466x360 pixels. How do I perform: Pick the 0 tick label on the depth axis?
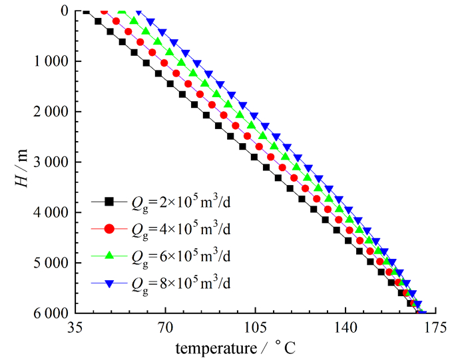click(x=63, y=11)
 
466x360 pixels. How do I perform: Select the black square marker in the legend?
click(x=111, y=202)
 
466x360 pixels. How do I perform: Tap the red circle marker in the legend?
click(x=111, y=229)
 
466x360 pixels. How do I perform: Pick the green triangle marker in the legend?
click(x=111, y=256)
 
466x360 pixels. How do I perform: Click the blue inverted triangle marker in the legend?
click(x=111, y=283)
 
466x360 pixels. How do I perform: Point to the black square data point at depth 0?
click(x=86, y=11)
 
